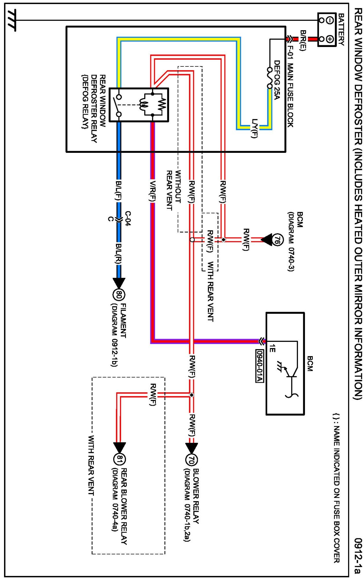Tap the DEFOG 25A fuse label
coord(277,80)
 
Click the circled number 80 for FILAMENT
coord(119,295)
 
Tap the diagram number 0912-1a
coord(358,555)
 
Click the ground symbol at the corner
coord(12,20)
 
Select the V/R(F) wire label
coord(152,191)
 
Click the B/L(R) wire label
coord(118,254)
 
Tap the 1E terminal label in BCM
coord(272,348)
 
